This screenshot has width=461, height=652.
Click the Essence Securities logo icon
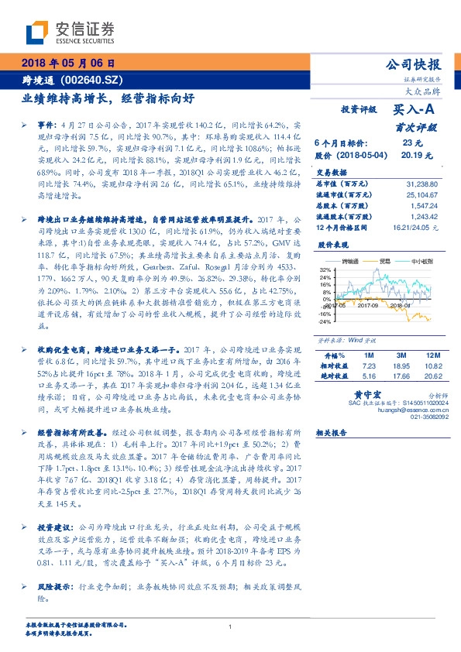click(x=37, y=32)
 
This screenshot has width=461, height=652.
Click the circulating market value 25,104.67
click(x=421, y=196)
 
